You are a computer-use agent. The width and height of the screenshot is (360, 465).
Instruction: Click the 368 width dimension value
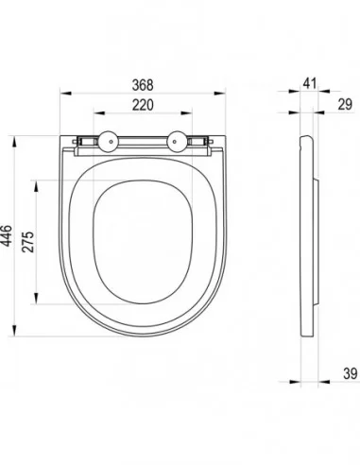coord(143,85)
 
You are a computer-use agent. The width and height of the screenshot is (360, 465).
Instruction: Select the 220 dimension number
coord(143,105)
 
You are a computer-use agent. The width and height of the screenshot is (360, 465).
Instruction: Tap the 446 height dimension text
coord(7,235)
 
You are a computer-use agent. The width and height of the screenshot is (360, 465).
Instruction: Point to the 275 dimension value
coord(28,242)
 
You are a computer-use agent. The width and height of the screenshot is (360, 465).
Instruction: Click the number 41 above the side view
coord(310,83)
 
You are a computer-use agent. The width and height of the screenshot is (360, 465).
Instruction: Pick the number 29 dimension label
coord(345,104)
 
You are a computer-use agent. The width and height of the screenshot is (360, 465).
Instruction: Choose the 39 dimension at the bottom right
coord(351,373)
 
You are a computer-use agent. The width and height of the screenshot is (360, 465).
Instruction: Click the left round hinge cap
coord(109,142)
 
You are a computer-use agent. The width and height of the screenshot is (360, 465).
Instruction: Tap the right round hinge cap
coord(177,142)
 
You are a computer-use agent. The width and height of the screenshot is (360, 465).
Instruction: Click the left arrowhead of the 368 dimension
coord(65,94)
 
